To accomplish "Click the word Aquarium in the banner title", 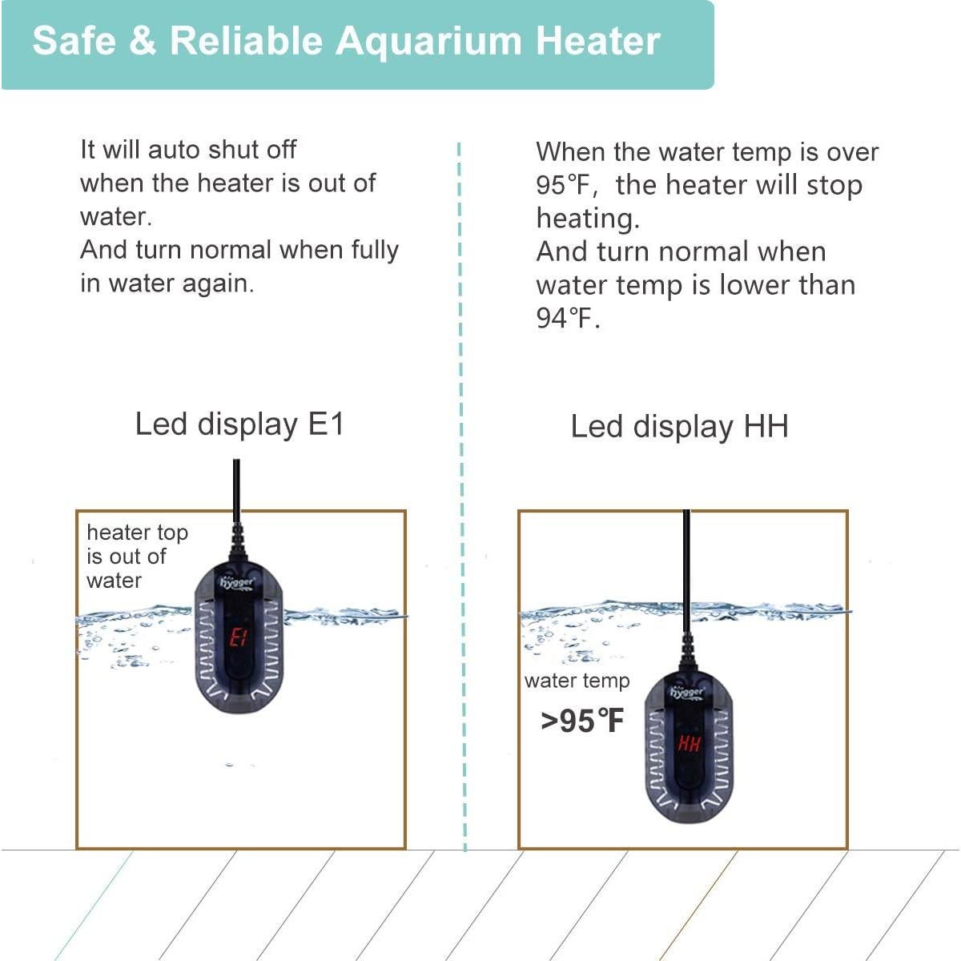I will click(428, 42).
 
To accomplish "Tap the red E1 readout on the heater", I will click(239, 637).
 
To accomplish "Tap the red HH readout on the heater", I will click(689, 744).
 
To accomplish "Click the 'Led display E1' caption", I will click(239, 424).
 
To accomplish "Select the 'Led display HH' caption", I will click(679, 426).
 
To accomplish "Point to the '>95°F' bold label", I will click(581, 721).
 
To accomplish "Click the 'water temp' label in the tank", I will click(577, 681).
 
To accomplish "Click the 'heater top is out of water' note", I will click(136, 556).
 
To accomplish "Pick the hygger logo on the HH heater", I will click(687, 691).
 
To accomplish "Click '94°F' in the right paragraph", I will click(567, 319).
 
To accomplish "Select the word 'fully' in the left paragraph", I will click(374, 250).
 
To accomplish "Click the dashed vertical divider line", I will click(462, 480).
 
